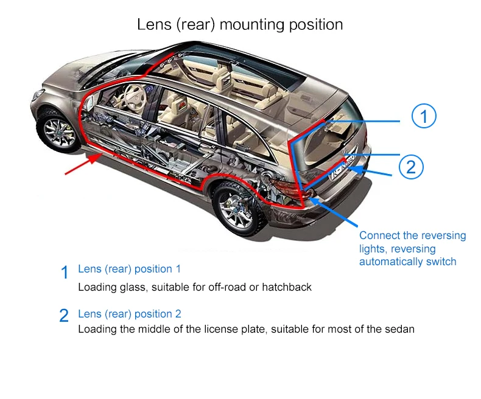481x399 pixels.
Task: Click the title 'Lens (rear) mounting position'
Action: pos(240,25)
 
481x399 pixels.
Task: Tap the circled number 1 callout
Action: pos(424,116)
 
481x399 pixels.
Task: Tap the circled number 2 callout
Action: pos(411,167)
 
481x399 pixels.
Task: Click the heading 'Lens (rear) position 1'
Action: pos(129,269)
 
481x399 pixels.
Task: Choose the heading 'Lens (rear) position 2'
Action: pos(129,314)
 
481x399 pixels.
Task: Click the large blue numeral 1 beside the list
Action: pos(65,272)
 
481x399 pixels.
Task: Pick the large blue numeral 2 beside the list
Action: pos(65,316)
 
